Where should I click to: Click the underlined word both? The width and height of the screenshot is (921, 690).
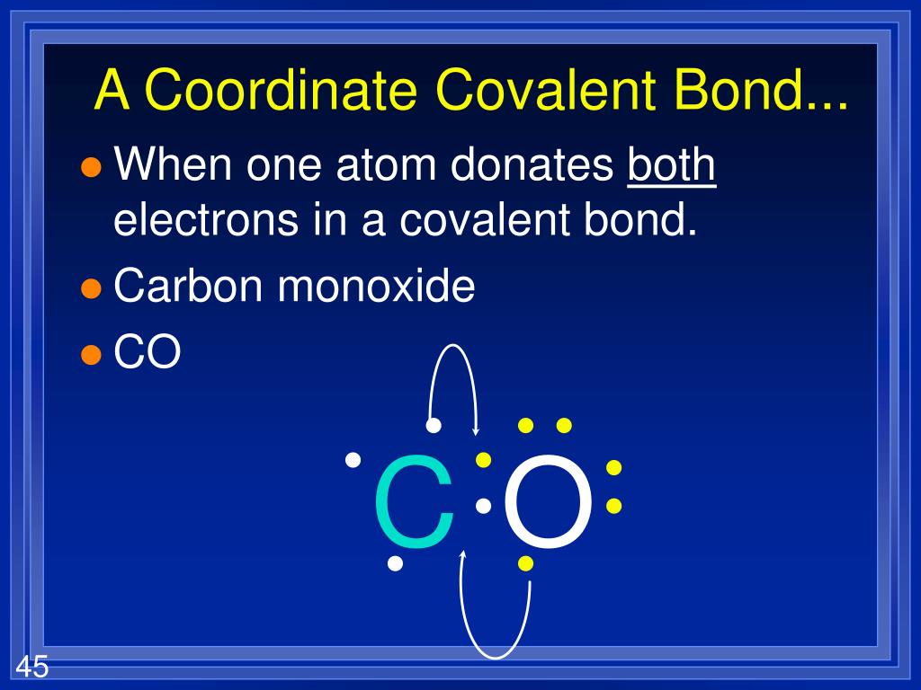click(x=671, y=164)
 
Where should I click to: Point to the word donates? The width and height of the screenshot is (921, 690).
click(x=532, y=165)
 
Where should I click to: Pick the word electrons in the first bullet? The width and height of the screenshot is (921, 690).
click(x=206, y=220)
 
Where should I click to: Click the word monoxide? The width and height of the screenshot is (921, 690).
click(x=376, y=285)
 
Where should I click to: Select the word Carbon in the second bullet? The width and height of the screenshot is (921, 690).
click(x=187, y=285)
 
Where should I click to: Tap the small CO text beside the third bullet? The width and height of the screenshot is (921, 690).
click(x=147, y=351)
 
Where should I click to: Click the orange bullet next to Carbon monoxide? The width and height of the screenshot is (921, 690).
click(x=91, y=288)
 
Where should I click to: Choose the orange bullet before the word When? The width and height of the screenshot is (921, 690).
click(x=91, y=167)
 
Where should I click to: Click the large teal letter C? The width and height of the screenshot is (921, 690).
click(x=415, y=501)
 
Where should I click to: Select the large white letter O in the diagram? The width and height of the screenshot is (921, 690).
click(x=548, y=501)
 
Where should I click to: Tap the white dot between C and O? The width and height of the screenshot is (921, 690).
click(x=483, y=506)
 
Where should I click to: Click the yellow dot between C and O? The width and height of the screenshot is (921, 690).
click(x=483, y=460)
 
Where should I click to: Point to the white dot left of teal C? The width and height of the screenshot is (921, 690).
click(x=353, y=460)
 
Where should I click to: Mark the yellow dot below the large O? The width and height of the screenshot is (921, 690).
click(x=525, y=564)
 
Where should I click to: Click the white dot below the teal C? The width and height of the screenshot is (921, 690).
click(x=396, y=564)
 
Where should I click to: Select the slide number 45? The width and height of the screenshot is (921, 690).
click(x=31, y=668)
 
